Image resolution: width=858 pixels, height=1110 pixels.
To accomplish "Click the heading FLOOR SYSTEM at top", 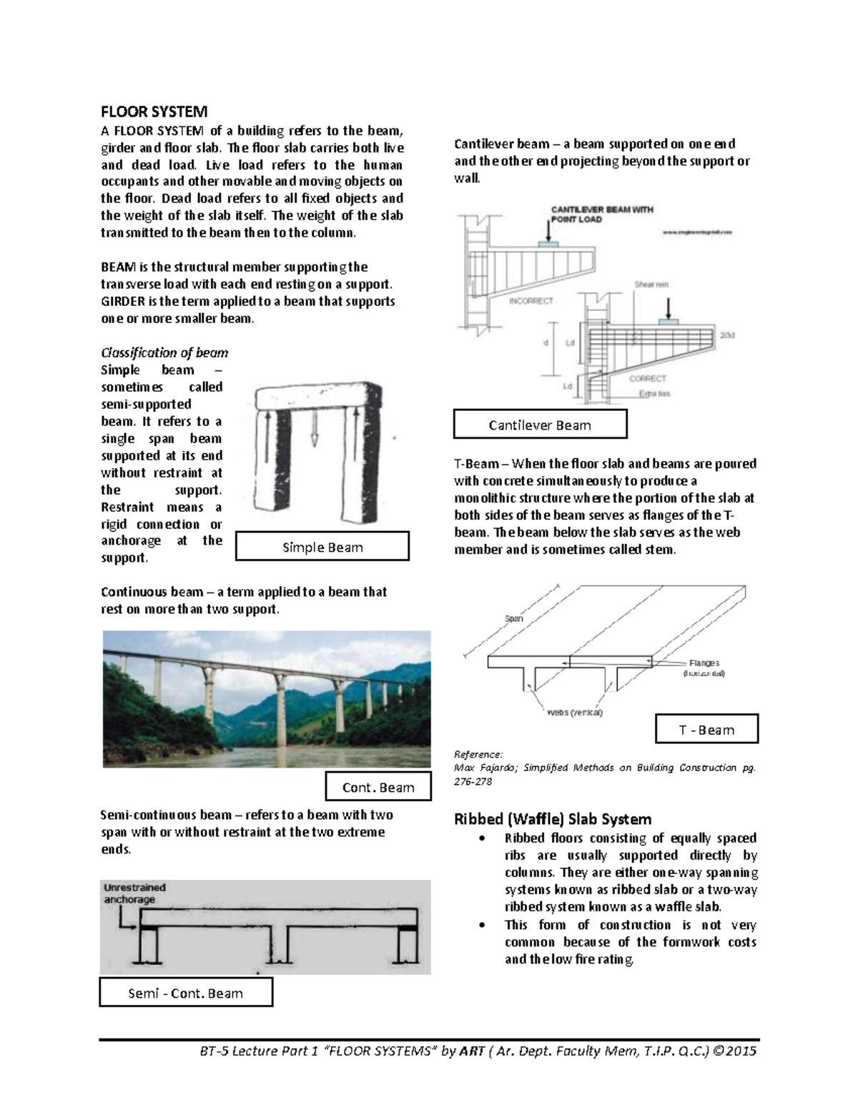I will pyautogui.click(x=154, y=112).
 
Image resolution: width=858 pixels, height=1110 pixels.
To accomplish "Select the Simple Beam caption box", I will pyautogui.click(x=322, y=547).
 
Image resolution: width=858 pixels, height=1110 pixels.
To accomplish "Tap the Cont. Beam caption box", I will pyautogui.click(x=378, y=787).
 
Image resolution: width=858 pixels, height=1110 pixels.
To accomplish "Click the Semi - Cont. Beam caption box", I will pyautogui.click(x=185, y=993).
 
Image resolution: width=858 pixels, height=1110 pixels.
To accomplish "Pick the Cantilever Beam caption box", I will pyautogui.click(x=540, y=425).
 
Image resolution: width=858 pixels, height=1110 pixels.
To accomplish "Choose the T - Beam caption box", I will pyautogui.click(x=706, y=730).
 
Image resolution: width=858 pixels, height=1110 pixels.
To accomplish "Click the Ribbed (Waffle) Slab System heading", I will pyautogui.click(x=553, y=819).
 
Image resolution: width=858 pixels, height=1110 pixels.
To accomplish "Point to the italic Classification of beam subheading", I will pyautogui.click(x=164, y=352).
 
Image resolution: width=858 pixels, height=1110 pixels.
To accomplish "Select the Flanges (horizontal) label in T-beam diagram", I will pyautogui.click(x=704, y=668).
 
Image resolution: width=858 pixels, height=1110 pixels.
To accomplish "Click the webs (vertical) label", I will pyautogui.click(x=574, y=713).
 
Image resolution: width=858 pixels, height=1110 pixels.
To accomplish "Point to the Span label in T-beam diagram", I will pyautogui.click(x=514, y=618).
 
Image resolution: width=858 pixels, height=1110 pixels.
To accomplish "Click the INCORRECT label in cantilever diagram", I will pyautogui.click(x=531, y=301).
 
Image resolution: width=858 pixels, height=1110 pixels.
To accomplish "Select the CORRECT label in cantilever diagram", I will pyautogui.click(x=647, y=378).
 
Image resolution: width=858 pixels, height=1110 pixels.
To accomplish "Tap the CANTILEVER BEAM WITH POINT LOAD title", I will pyautogui.click(x=601, y=214).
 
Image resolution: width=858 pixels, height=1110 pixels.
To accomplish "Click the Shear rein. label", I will pyautogui.click(x=651, y=284).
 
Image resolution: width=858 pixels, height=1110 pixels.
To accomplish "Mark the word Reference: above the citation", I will pyautogui.click(x=478, y=754).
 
